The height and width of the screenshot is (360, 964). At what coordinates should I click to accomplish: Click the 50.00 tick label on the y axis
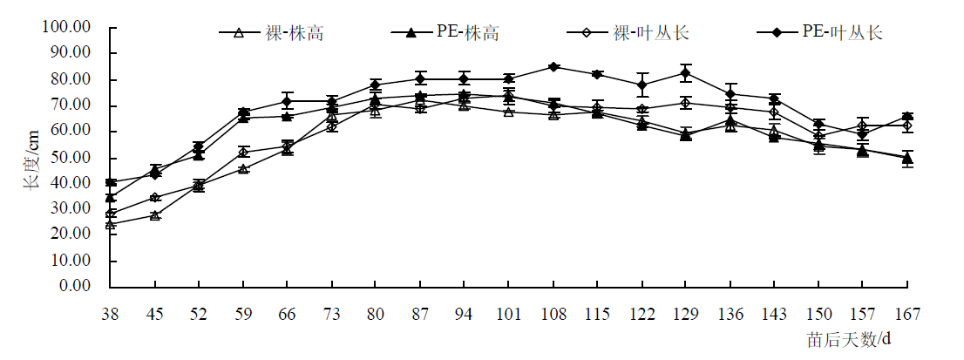click(69, 158)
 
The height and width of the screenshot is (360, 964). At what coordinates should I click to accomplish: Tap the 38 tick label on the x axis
click(110, 313)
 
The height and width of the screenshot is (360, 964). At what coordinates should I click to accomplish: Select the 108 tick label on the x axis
click(553, 313)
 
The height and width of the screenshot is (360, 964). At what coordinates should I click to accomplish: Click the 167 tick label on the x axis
click(906, 313)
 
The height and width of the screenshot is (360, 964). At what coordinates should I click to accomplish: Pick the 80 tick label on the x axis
click(376, 313)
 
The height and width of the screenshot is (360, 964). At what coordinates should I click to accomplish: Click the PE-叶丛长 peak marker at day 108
click(553, 66)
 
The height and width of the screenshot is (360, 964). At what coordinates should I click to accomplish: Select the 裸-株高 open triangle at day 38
click(110, 224)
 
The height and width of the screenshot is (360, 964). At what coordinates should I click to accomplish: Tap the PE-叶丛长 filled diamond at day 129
click(685, 72)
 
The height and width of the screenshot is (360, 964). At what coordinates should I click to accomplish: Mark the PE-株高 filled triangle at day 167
click(906, 158)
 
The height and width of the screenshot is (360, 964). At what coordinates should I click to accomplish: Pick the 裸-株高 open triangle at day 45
click(154, 214)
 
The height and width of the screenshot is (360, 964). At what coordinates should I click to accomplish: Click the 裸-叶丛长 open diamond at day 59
click(243, 152)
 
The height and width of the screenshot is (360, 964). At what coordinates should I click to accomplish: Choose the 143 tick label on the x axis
click(773, 313)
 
